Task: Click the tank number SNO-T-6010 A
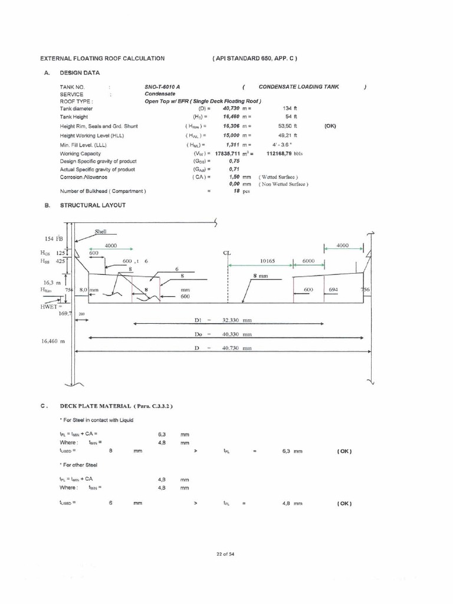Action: pyautogui.click(x=163, y=87)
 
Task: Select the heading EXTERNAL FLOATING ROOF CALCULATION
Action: pyautogui.click(x=102, y=58)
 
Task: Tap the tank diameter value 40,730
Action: pyautogui.click(x=235, y=109)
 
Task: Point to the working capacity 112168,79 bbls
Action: pyautogui.click(x=285, y=153)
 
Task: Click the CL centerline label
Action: pyautogui.click(x=226, y=254)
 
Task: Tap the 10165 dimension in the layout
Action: pyautogui.click(x=268, y=260)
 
